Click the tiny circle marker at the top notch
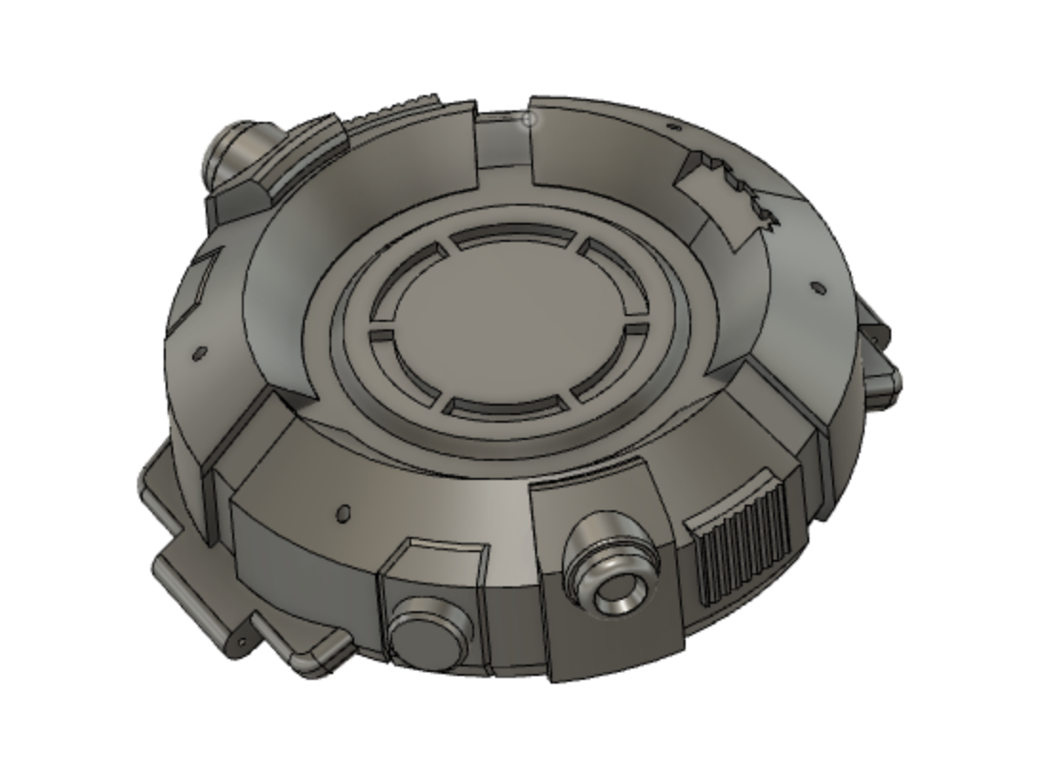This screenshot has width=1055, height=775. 530,119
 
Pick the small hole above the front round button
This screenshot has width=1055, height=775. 344,513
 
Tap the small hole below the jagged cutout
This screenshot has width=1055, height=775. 816,286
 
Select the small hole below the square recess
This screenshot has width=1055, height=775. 200,353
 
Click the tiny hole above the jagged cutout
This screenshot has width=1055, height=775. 674,127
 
